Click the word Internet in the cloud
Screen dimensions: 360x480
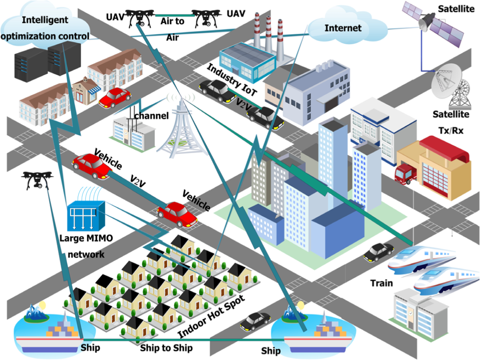click(x=343, y=28)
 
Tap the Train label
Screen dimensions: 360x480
click(x=381, y=283)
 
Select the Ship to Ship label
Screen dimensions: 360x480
click(x=166, y=348)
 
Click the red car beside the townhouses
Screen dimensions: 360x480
click(x=115, y=97)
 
